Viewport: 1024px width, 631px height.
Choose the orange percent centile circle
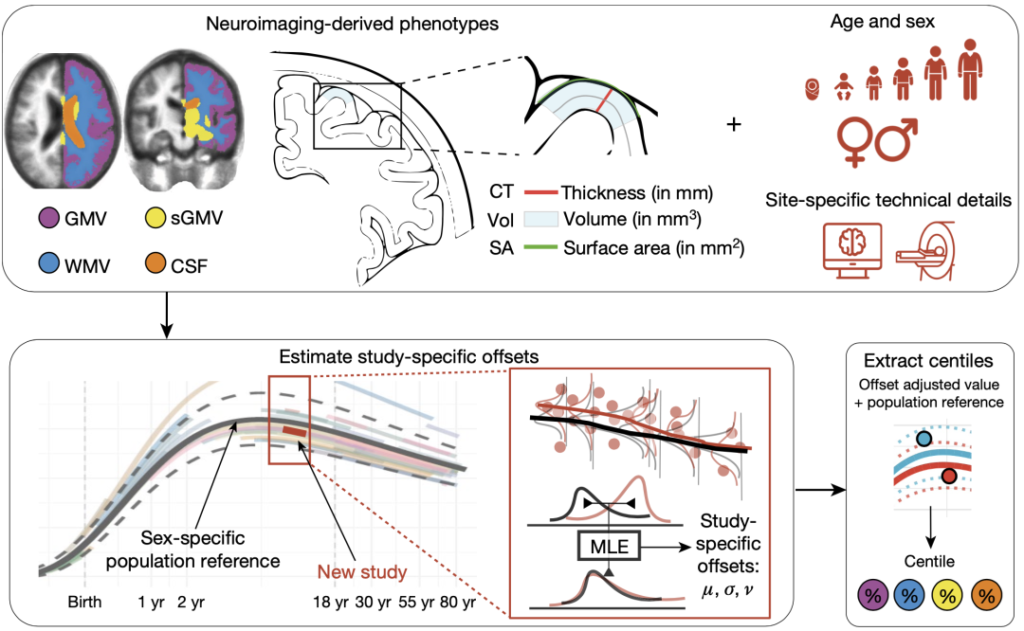tap(986, 596)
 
